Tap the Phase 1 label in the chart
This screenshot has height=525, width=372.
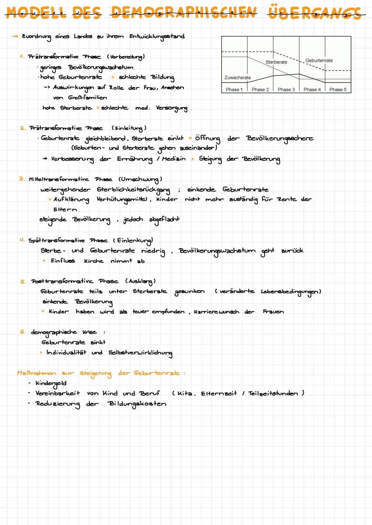click(234, 90)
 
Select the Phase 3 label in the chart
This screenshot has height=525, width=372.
click(286, 90)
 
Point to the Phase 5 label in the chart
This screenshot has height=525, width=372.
click(338, 90)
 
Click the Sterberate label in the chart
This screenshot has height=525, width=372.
click(276, 62)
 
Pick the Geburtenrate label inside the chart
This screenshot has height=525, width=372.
click(319, 61)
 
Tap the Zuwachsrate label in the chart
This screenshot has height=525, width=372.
click(238, 78)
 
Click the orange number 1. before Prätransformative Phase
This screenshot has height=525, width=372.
click(22, 56)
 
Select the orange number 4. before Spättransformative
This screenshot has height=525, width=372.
click(22, 240)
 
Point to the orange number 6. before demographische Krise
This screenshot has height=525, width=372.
click(22, 332)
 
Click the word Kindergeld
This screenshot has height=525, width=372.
click(51, 383)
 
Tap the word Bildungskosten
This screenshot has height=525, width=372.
click(137, 404)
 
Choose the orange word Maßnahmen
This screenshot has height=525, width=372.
click(37, 373)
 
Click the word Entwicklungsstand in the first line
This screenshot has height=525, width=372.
click(157, 36)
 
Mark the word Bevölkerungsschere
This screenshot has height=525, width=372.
click(280, 138)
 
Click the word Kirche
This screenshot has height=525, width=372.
click(94, 261)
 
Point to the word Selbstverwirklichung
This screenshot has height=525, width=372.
click(140, 353)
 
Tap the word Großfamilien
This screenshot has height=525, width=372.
click(87, 97)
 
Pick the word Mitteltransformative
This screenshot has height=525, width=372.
click(59, 179)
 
